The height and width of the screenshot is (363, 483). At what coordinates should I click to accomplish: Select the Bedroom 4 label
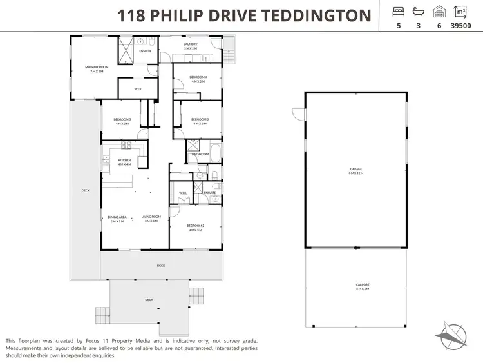coord(197,79)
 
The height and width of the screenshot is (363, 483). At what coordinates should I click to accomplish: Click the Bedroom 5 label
coord(122,121)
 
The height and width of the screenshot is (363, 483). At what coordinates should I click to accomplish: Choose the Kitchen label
coord(124,162)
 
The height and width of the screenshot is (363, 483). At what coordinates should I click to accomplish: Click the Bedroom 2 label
coord(196,228)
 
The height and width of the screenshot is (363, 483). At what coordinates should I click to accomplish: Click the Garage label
coord(355,171)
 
